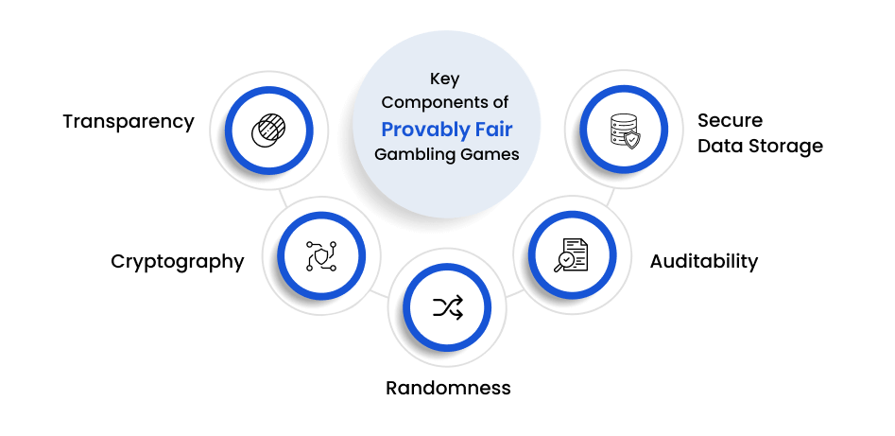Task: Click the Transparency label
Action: tap(129, 122)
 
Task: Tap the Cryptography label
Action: tap(178, 261)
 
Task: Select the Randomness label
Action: tap(448, 388)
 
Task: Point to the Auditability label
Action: tap(704, 261)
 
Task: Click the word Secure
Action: tap(730, 120)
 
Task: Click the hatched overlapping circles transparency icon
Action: tap(268, 131)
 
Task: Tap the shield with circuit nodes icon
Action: tap(321, 255)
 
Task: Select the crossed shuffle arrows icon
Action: tap(448, 307)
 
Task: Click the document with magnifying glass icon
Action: tap(572, 254)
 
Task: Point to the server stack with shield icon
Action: tap(625, 131)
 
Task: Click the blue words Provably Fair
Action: tap(447, 130)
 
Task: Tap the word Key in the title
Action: tap(444, 79)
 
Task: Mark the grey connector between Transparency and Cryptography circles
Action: tap(284, 198)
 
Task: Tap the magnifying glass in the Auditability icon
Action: tap(563, 262)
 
